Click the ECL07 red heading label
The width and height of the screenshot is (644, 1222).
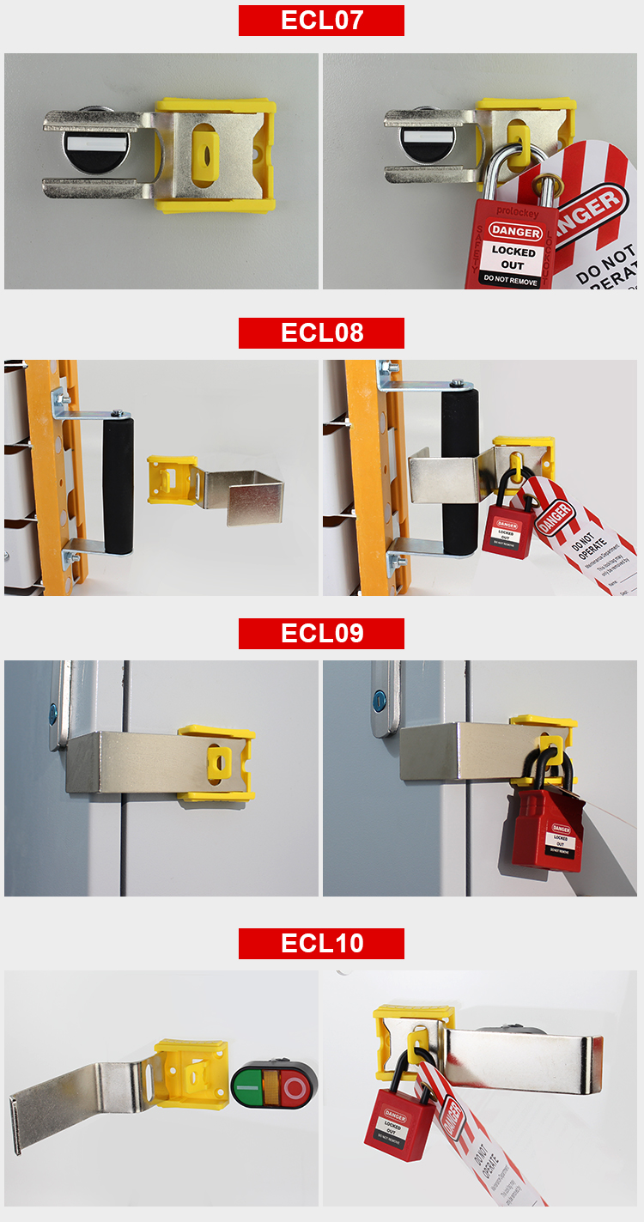pos(321,21)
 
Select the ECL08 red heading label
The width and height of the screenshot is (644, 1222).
pos(321,332)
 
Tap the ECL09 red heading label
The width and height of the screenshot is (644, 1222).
pos(321,634)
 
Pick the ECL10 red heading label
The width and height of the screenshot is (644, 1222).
pos(321,944)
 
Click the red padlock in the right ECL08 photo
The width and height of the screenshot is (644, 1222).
pos(505,531)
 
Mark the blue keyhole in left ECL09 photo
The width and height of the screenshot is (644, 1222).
pos(52,712)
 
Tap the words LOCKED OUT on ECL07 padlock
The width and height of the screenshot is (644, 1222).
pos(513,258)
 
